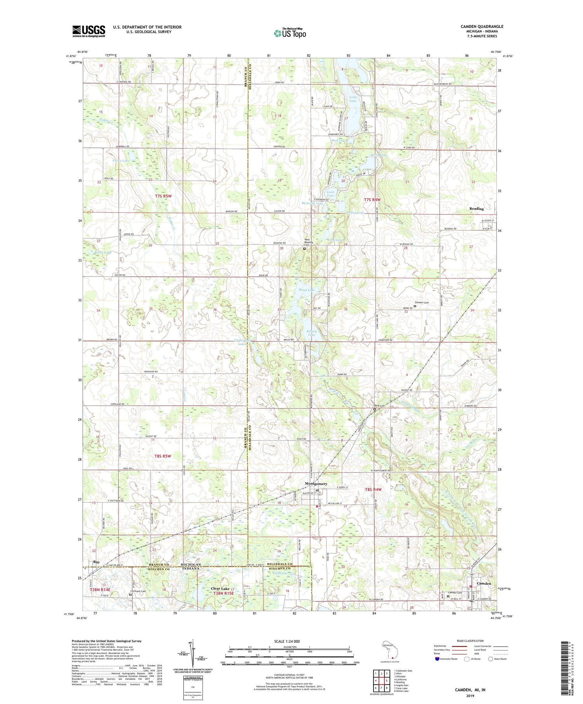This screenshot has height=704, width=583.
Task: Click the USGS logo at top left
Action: (x=89, y=31)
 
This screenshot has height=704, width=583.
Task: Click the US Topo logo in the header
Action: (x=290, y=33)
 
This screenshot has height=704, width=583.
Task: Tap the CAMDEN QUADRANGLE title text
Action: (x=482, y=26)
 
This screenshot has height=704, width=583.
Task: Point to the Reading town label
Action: (x=477, y=209)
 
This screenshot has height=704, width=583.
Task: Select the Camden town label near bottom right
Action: (x=484, y=583)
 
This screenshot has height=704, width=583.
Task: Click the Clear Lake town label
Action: (x=220, y=589)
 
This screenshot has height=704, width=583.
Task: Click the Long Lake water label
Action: (x=353, y=99)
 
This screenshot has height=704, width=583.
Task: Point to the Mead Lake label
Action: (x=306, y=290)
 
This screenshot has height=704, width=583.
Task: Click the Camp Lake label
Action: (x=120, y=160)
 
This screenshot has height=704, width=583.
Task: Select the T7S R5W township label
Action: (x=163, y=196)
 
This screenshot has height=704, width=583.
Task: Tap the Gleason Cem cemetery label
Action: (x=422, y=302)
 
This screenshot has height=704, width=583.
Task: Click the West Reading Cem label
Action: (x=307, y=242)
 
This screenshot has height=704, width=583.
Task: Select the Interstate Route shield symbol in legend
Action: (x=437, y=659)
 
